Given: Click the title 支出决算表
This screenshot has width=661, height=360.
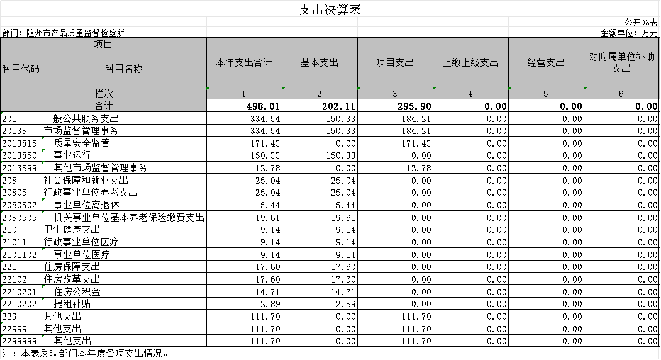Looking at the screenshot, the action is tap(330, 9).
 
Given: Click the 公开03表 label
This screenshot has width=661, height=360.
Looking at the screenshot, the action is tap(641, 22).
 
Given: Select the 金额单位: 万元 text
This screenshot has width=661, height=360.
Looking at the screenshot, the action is tap(629, 33).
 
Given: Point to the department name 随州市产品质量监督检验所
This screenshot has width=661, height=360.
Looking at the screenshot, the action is tap(75, 33).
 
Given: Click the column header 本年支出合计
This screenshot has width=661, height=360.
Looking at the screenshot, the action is tap(244, 62).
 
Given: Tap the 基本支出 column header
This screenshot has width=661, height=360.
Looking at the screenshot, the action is tap(319, 62).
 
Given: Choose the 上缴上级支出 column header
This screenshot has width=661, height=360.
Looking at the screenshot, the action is tap(470, 62).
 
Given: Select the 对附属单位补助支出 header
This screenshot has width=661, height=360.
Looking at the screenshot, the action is tap(621, 62).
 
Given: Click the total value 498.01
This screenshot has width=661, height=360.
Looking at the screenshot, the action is tap(264, 106).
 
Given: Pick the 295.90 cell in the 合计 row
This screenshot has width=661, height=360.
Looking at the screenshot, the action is tap(414, 106).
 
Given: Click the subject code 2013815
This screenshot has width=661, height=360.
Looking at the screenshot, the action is tap(19, 143).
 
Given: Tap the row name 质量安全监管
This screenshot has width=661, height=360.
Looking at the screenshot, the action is tap(82, 143).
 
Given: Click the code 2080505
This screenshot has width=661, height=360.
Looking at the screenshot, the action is tap(19, 218).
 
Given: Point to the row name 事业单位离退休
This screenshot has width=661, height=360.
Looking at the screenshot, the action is tap(86, 205).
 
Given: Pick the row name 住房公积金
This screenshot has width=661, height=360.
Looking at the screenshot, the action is tap(77, 291).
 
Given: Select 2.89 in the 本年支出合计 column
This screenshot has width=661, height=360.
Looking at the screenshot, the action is tap(270, 304).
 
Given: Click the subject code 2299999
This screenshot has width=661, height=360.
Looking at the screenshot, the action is tap(19, 341).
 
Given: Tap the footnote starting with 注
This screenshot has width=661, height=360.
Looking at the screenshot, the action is tap(85, 354).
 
